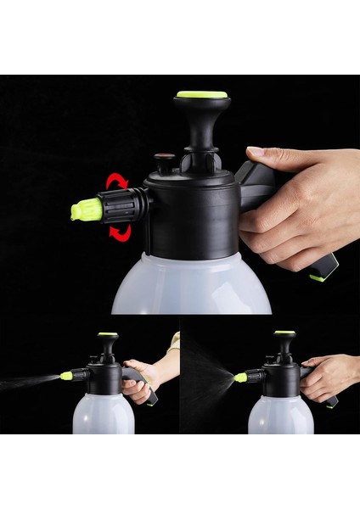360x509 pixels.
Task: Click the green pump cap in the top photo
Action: coord(202,95)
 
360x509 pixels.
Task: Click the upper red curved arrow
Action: coord(115,180)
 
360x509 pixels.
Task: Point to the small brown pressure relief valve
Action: coord(165,158)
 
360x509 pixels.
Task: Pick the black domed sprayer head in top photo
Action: coord(191,212)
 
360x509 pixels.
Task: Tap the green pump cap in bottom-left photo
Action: coord(107,334)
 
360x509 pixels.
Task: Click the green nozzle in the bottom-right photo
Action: coord(241,377)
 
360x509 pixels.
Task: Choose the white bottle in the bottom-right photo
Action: coord(280,415)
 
